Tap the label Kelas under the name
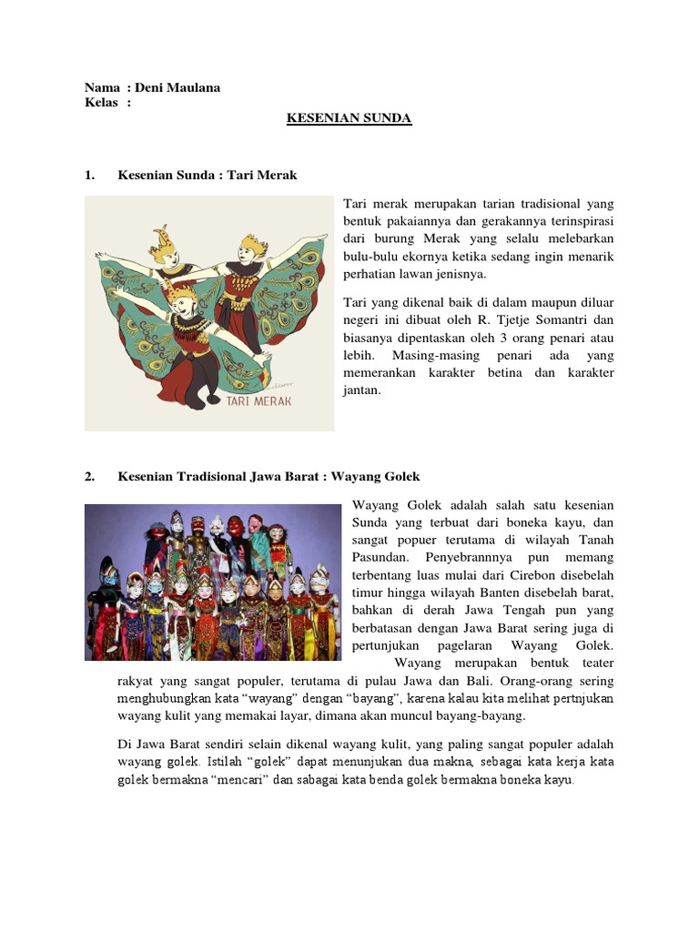(101, 103)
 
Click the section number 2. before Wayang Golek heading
(90, 476)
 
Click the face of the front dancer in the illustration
(182, 301)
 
